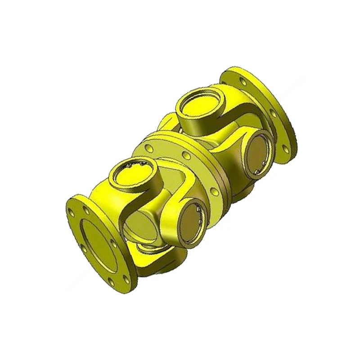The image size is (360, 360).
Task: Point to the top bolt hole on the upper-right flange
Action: [x=243, y=81]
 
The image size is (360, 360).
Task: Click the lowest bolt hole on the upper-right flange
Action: [x=284, y=146]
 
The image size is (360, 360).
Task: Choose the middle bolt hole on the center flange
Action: [x=185, y=155]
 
